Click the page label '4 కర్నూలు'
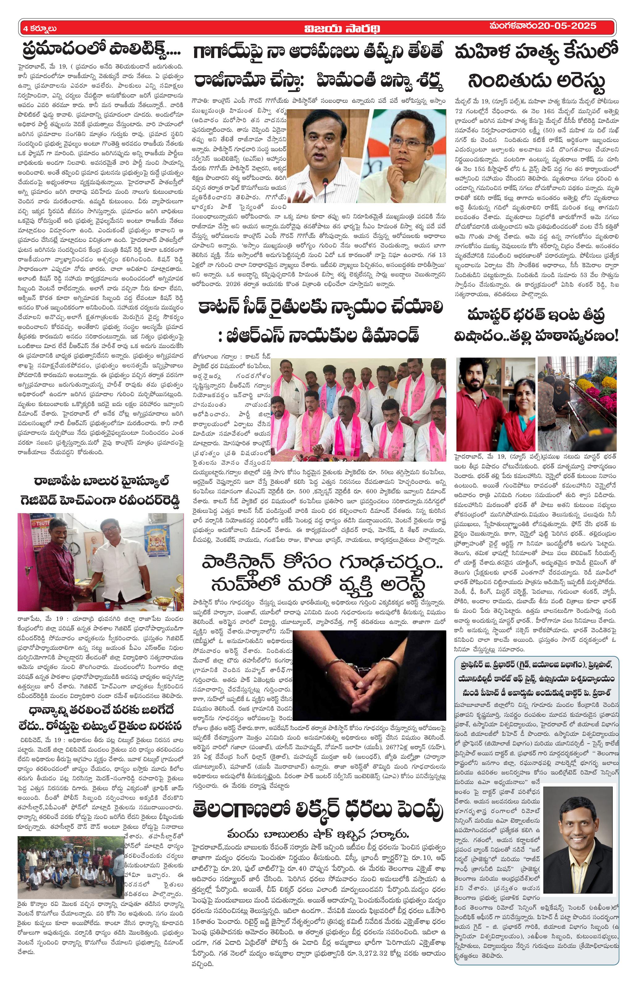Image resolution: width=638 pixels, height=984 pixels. (x=40, y=28)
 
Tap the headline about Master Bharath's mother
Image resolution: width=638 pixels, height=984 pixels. (x=536, y=326)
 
